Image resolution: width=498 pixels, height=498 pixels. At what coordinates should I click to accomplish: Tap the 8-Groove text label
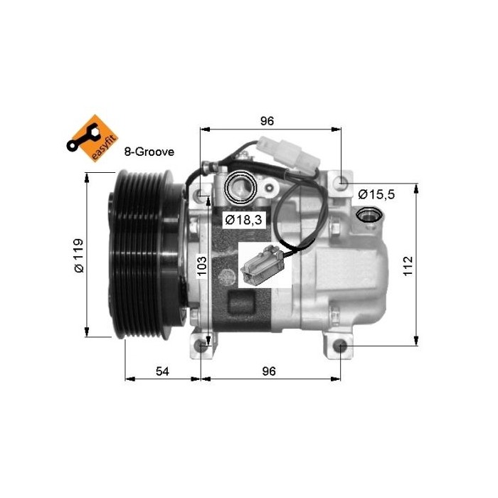(x=149, y=152)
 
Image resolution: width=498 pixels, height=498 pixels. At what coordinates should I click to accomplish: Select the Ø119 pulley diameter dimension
(x=78, y=255)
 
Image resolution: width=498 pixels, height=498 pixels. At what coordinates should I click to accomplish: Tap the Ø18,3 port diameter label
(x=243, y=220)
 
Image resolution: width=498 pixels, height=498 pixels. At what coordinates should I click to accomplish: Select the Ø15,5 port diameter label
(x=376, y=194)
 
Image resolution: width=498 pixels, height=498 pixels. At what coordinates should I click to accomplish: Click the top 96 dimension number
(x=267, y=120)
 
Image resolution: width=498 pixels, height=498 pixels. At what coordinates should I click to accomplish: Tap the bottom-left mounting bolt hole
(x=203, y=347)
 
